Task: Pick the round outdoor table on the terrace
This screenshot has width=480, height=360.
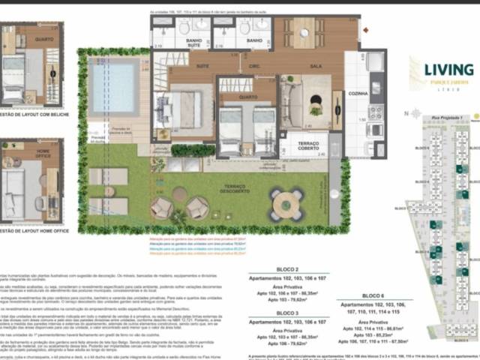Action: coord(286,204)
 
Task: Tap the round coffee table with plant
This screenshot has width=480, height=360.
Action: coord(316,107)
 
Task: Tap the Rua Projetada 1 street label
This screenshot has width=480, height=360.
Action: coord(444,118)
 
